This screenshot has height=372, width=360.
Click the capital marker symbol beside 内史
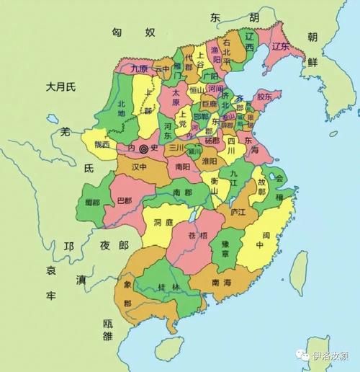[x=143, y=149]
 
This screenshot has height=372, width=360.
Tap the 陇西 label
[x=98, y=145]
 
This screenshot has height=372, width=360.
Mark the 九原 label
[x=140, y=69]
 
